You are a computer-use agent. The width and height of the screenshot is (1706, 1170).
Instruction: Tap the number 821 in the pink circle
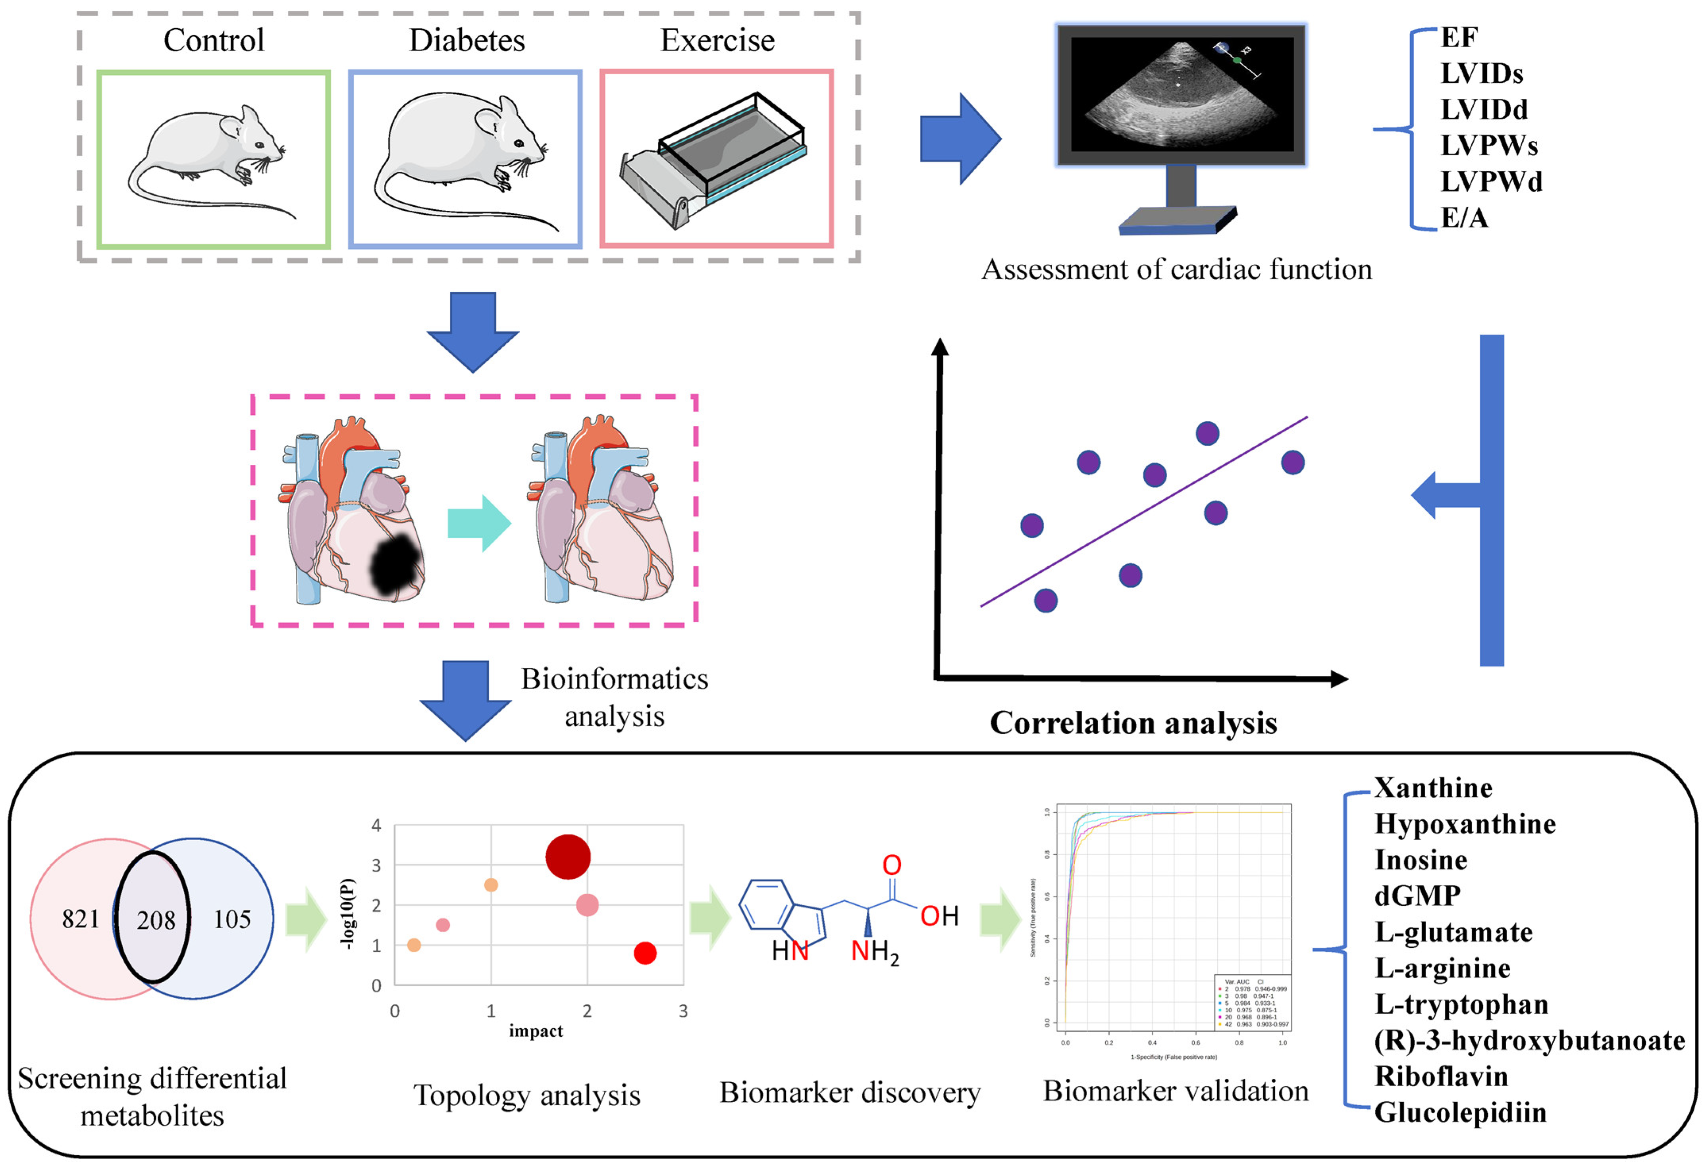[x=81, y=919]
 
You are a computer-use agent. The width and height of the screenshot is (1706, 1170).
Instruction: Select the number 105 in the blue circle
[x=232, y=919]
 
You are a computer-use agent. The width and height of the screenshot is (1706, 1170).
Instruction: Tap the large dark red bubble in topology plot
[x=567, y=856]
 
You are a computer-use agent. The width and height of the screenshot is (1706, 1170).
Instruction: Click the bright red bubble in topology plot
[x=644, y=953]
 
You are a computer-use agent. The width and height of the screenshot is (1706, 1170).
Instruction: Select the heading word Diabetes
[x=467, y=40]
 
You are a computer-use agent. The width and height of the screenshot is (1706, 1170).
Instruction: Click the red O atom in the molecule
[x=892, y=865]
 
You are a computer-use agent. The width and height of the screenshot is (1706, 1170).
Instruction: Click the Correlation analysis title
[x=1133, y=723]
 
